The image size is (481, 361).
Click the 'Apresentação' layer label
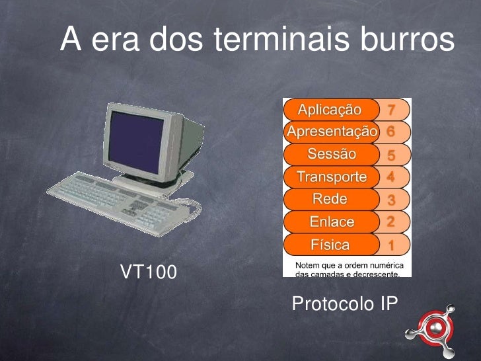pyautogui.click(x=331, y=131)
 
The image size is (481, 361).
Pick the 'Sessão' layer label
pyautogui.click(x=331, y=154)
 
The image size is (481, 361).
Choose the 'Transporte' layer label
pyautogui.click(x=331, y=177)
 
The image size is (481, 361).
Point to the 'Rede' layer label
pyautogui.click(x=330, y=199)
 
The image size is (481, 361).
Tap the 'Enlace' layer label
pyautogui.click(x=332, y=222)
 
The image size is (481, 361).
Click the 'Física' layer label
pyautogui.click(x=330, y=245)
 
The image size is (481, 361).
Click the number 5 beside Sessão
pyautogui.click(x=391, y=155)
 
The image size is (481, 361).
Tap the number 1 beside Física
pyautogui.click(x=392, y=245)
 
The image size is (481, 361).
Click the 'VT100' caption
pyautogui.click(x=148, y=271)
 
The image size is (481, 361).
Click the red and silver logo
pyautogui.click(x=433, y=328)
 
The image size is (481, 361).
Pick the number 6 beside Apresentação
pyautogui.click(x=391, y=132)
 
